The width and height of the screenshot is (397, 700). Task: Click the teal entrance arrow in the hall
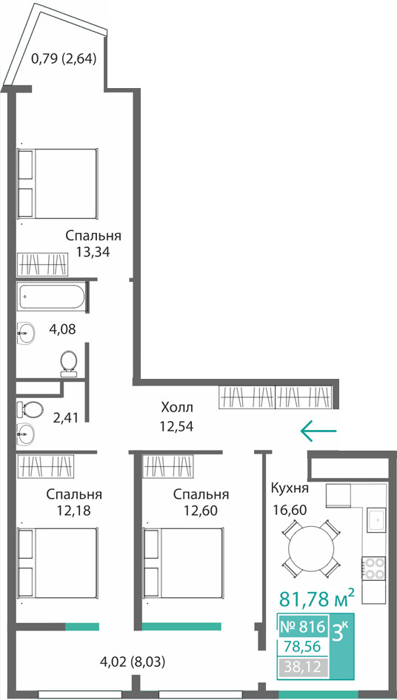click(318, 431)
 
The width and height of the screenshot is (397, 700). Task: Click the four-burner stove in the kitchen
click(374, 568)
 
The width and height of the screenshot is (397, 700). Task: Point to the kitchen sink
click(377, 520)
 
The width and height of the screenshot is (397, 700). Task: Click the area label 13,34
click(93, 252)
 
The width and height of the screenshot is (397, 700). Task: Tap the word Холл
click(177, 407)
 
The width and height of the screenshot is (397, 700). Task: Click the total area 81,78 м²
click(317, 598)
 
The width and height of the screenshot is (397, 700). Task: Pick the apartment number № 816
click(301, 627)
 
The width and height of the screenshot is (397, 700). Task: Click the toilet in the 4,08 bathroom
click(68, 363)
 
